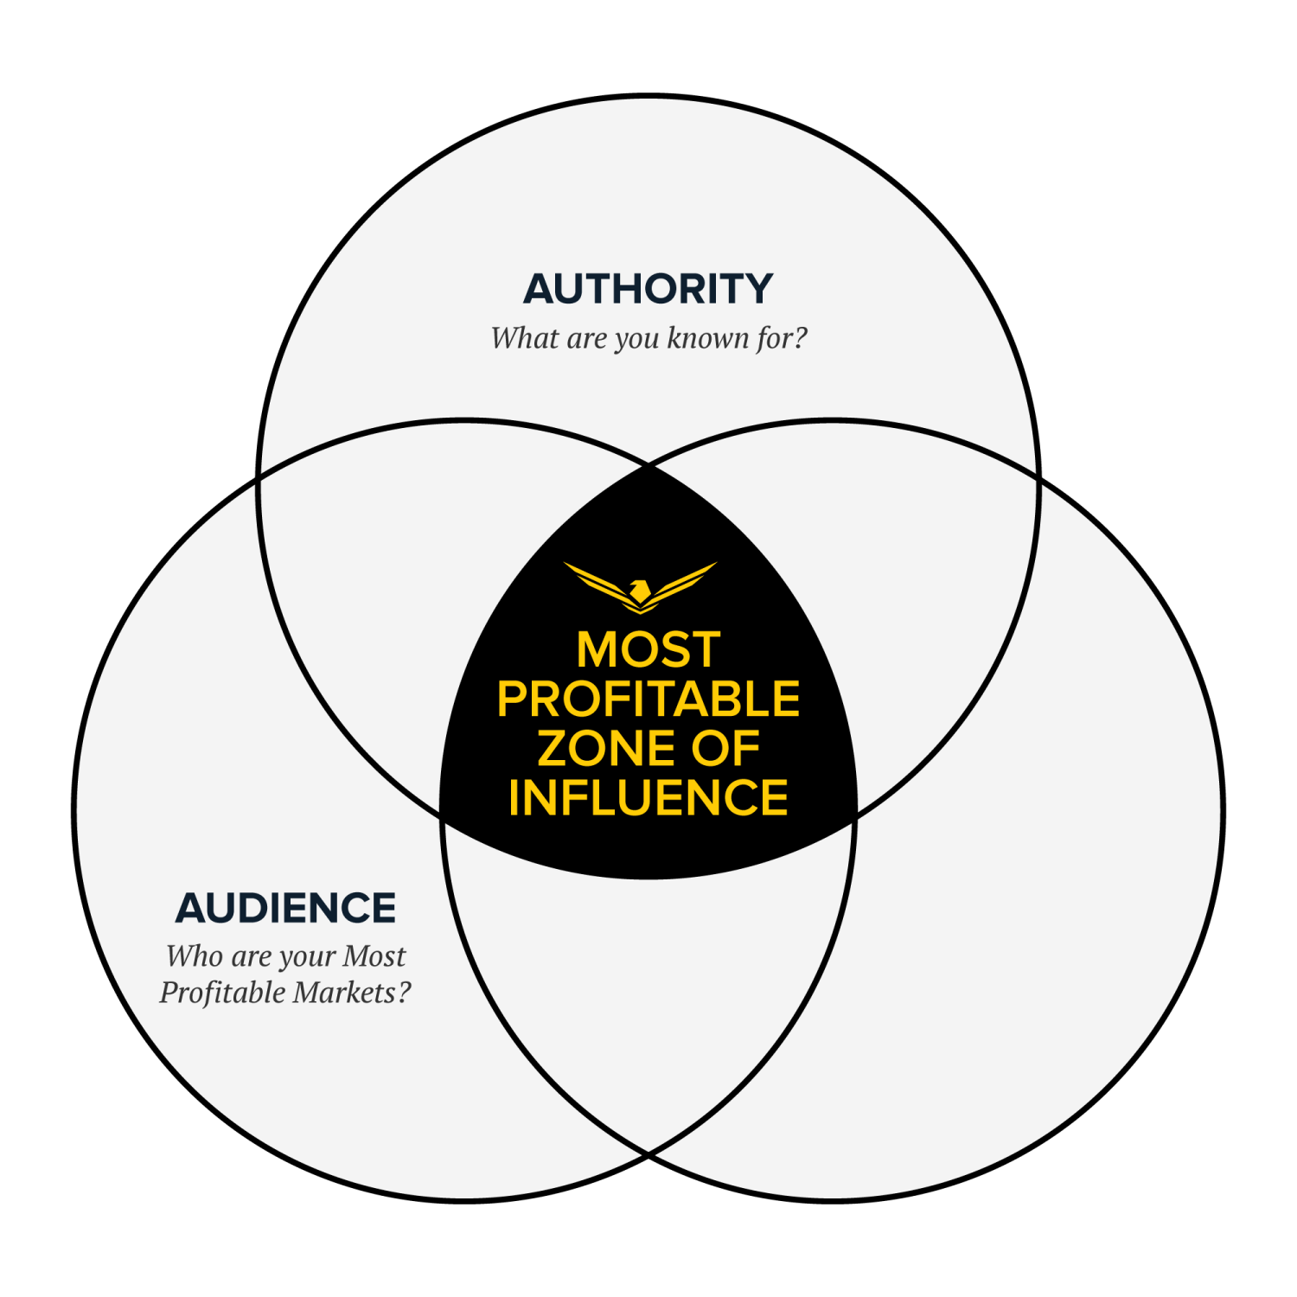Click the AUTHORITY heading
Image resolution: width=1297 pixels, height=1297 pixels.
[648, 289]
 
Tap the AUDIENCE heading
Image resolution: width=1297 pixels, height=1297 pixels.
[285, 908]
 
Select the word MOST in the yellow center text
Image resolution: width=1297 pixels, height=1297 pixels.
[648, 649]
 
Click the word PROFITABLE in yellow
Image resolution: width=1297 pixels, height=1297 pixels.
[648, 699]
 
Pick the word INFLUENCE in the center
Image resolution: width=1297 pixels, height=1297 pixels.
[648, 797]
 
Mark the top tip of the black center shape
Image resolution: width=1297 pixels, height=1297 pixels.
[648, 465]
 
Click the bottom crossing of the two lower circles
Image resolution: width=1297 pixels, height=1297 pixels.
[648, 1154]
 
